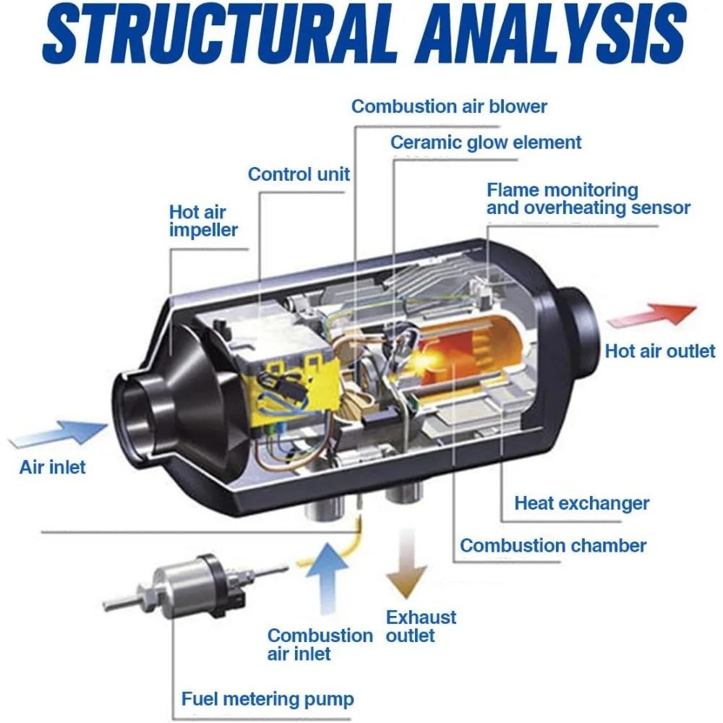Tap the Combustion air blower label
449,107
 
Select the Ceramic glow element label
486,142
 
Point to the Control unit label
299,174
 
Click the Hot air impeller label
203,221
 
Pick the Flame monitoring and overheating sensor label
588,199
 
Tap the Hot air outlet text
659,352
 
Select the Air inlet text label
52,467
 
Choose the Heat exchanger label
581,503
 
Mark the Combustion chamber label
553,545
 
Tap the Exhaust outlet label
421,627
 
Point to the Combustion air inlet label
320,644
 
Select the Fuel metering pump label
268,699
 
